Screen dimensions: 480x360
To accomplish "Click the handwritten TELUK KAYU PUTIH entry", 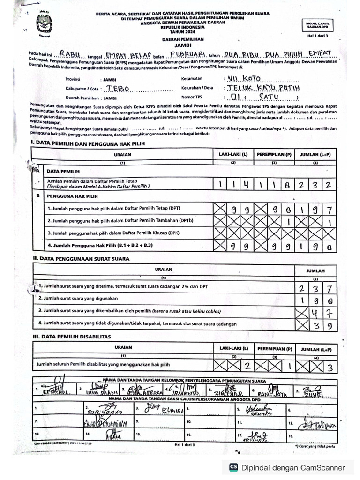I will (x=263, y=88).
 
